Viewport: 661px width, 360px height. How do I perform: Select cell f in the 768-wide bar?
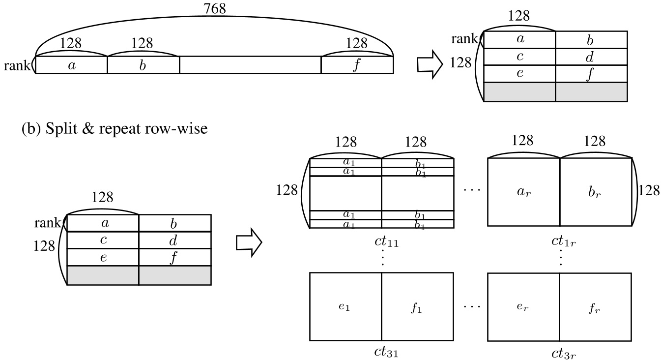point(357,65)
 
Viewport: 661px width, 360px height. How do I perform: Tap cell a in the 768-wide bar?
point(72,65)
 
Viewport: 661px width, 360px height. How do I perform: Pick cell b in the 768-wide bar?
point(143,65)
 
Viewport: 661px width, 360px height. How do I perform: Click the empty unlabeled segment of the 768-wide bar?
point(250,65)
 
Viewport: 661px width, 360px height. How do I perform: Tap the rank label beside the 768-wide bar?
point(17,65)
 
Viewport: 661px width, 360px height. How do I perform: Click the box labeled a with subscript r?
point(523,192)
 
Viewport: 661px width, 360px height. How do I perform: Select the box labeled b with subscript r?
point(595,192)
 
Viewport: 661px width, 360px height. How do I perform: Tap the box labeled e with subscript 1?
point(345,307)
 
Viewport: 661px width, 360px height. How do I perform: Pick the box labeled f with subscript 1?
point(417,307)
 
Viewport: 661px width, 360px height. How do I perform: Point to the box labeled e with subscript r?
point(523,307)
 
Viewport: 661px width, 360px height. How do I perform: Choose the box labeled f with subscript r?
point(595,307)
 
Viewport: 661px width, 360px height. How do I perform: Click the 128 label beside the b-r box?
point(649,190)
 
